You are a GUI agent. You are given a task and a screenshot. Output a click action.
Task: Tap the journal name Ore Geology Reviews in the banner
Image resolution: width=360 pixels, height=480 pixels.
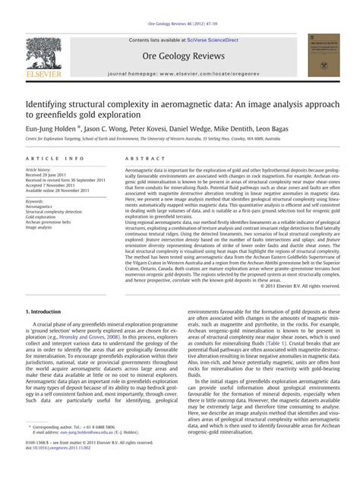179,55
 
